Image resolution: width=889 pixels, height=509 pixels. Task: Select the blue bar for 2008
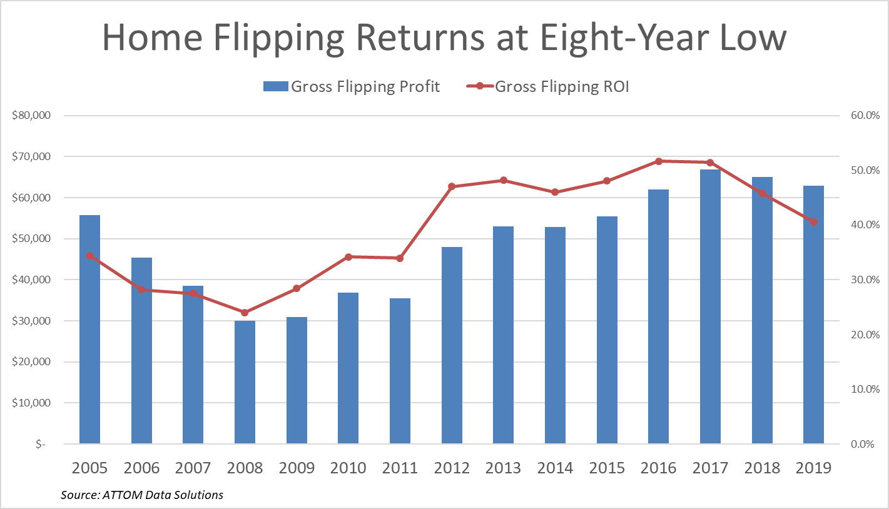coord(245,382)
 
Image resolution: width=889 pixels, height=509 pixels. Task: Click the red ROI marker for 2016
coord(658,161)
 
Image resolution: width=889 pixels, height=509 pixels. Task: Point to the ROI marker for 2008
coord(245,313)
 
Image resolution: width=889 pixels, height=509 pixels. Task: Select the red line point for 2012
coord(452,186)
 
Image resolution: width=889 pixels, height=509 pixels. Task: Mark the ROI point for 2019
coord(813,222)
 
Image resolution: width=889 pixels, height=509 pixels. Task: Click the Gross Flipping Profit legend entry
coord(352,87)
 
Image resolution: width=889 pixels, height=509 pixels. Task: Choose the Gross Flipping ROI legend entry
coord(548,87)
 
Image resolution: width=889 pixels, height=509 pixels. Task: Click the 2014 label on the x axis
coord(555,468)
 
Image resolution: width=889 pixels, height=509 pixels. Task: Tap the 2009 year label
coord(296,468)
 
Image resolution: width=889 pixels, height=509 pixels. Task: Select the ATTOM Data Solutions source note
coord(142,495)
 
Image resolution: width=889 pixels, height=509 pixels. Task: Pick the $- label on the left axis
coord(40,444)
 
